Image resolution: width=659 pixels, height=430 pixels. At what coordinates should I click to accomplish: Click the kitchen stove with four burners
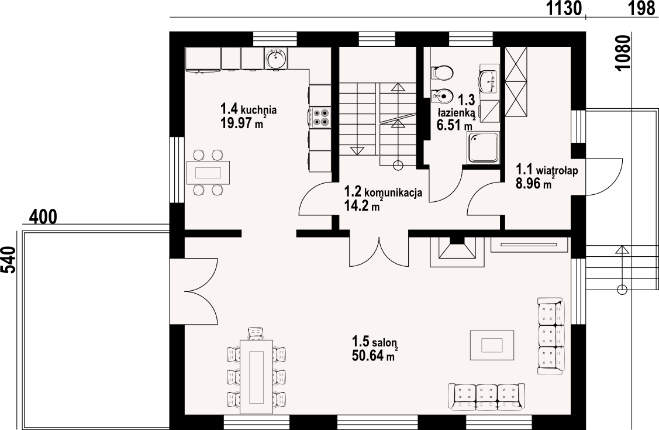320,117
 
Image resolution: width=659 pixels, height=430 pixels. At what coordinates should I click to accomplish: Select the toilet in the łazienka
441,73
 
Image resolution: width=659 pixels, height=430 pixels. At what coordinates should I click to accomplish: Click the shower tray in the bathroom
484,147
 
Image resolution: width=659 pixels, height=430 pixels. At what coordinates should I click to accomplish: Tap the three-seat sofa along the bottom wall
487,397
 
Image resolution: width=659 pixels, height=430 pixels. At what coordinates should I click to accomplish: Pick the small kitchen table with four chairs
208,173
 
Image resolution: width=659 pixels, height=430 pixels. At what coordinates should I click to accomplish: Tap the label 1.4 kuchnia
249,110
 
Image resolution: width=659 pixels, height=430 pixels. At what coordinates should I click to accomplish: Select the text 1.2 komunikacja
383,192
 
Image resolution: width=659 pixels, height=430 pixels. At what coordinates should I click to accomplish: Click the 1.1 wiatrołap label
547,170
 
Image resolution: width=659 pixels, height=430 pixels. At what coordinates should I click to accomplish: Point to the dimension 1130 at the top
564,8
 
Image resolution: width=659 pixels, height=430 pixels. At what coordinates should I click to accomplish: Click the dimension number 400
43,217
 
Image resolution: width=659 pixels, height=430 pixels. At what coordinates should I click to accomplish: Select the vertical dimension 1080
624,53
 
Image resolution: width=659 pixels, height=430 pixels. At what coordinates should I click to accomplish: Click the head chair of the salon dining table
256,333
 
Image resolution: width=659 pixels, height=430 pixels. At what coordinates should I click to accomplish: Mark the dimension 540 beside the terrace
9,260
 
